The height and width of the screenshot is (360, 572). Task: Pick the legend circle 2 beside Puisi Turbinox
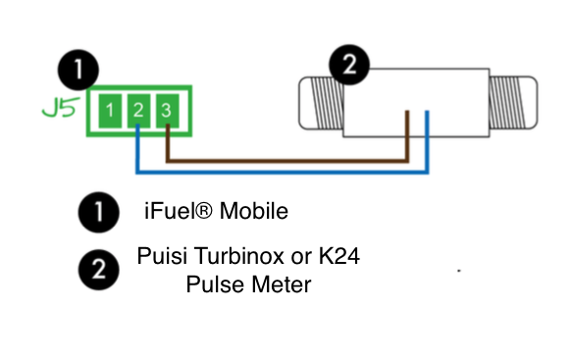(x=98, y=271)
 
